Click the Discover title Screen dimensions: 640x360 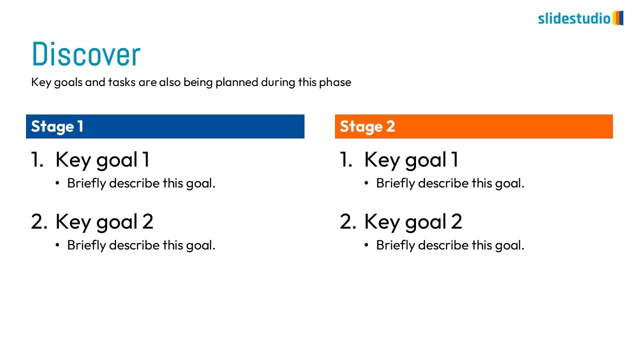point(86,53)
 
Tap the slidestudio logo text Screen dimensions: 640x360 point(574,18)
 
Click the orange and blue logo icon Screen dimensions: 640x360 point(617,18)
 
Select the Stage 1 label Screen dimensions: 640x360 point(57,126)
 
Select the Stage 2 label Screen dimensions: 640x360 point(367,126)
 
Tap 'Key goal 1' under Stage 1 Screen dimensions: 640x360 point(102,160)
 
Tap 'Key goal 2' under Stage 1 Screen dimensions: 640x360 point(104,221)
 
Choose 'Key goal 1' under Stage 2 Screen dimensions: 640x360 point(411,160)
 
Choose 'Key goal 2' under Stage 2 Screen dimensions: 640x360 point(413,221)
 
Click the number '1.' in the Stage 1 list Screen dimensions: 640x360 point(37,159)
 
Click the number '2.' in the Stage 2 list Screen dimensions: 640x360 point(348,221)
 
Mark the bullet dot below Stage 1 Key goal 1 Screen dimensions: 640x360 point(57,183)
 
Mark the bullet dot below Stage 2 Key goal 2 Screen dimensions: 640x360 point(366,245)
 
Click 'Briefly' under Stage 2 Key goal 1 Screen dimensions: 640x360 point(395,183)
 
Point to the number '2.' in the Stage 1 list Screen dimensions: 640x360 point(39,221)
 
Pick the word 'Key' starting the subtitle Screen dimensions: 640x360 point(41,82)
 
